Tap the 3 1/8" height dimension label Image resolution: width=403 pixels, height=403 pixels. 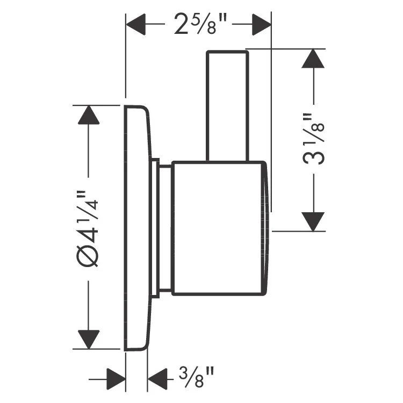point(313,139)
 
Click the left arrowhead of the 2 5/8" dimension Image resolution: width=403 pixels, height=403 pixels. point(135,24)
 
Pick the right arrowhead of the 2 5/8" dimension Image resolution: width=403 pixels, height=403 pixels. point(261,24)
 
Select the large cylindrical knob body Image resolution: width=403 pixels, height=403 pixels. point(218,228)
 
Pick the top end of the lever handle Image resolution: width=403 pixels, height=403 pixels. point(227,54)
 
